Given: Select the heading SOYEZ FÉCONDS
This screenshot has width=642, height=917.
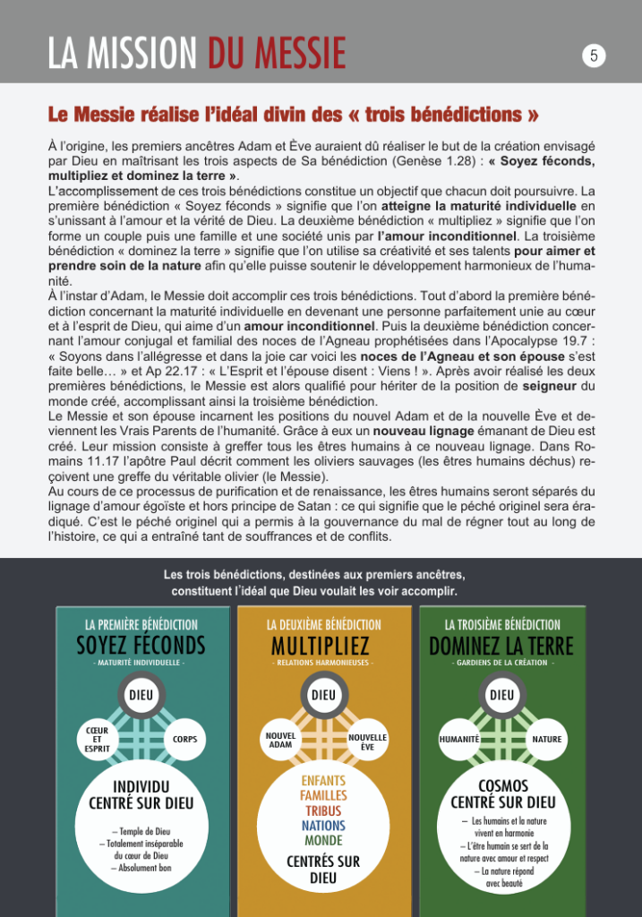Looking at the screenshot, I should click(x=141, y=645).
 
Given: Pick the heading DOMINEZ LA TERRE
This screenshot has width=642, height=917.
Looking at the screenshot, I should click(x=501, y=645).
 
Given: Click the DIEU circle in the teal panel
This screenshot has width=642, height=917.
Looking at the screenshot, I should click(x=141, y=694).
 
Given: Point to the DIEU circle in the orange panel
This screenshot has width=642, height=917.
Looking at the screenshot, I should click(x=323, y=694).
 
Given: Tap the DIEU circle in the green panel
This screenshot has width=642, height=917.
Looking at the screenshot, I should click(x=502, y=694).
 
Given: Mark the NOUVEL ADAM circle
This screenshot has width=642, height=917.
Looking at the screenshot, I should click(x=281, y=740).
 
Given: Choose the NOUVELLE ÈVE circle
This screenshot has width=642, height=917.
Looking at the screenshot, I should click(x=367, y=740).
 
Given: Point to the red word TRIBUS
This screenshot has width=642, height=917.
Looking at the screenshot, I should click(x=323, y=810).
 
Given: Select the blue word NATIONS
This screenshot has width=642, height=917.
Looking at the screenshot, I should click(x=323, y=826).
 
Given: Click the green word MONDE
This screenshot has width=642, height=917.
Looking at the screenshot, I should click(x=323, y=841).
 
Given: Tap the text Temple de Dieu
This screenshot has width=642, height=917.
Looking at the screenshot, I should click(x=142, y=831).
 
